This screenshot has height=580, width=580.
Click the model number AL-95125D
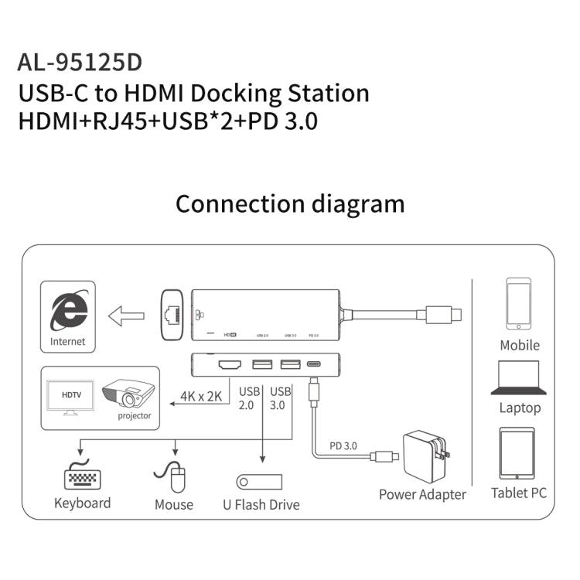point(80,62)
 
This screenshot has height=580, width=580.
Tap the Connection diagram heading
point(290,203)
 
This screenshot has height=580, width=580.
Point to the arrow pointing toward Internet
point(126,316)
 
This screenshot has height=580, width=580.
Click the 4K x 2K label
point(200,397)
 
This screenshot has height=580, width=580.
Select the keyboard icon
point(82,478)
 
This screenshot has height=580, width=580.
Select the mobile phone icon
point(518,305)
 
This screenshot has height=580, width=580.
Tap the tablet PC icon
point(518,454)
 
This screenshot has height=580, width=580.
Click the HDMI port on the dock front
point(230,364)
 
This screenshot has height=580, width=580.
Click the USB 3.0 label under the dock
point(280,397)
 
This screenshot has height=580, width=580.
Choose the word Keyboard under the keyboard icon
point(82,503)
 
